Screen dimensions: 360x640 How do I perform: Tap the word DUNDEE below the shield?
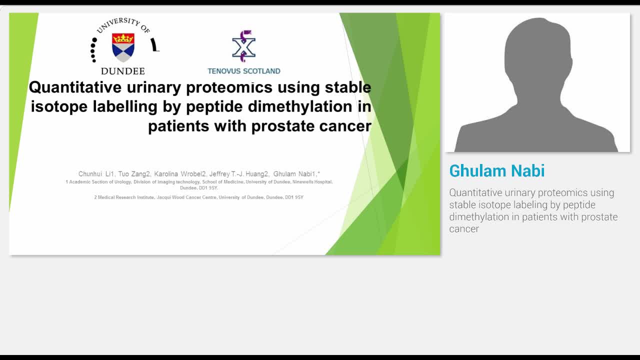click(x=123, y=71)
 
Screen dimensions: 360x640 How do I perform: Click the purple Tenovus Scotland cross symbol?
click(x=244, y=45)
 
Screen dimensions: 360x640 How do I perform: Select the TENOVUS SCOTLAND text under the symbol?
click(x=244, y=71)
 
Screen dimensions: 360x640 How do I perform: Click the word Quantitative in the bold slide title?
click(x=75, y=87)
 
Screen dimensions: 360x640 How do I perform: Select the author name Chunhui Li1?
click(x=96, y=174)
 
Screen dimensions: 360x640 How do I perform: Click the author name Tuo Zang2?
click(x=134, y=174)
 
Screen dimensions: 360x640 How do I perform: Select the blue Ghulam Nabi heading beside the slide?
click(x=497, y=171)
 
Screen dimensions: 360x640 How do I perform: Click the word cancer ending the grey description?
click(x=464, y=229)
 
